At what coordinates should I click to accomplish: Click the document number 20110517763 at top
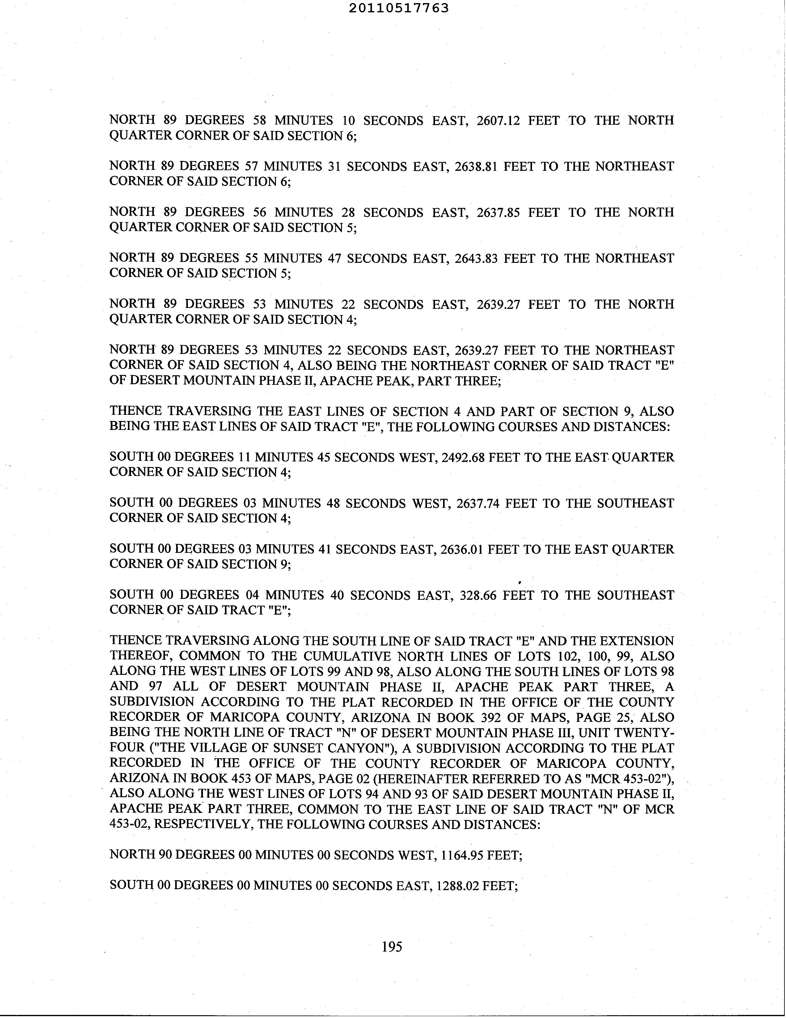[x=399, y=8]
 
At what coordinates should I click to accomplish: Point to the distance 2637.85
[x=498, y=212]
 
